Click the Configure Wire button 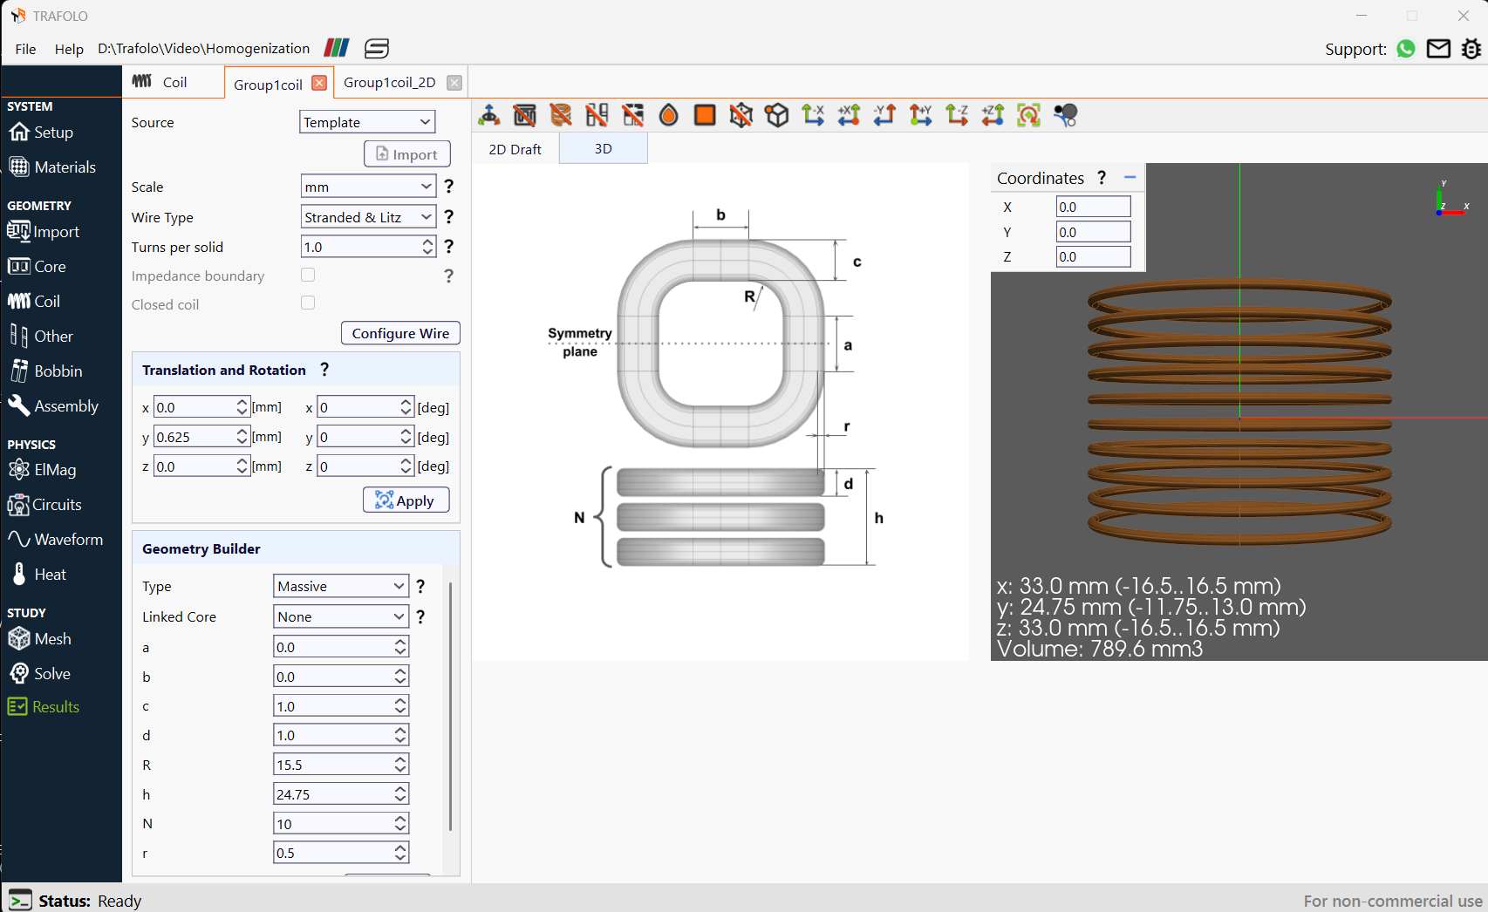click(x=400, y=333)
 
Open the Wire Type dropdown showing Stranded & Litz click(x=368, y=217)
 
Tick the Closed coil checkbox click(x=308, y=303)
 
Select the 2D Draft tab click(x=515, y=149)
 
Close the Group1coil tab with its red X click(x=319, y=83)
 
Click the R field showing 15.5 click(x=341, y=765)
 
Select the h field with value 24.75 click(x=341, y=794)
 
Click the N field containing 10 click(x=341, y=824)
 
